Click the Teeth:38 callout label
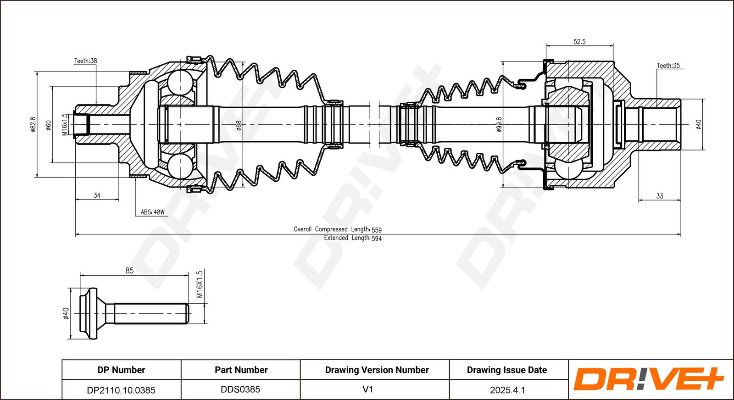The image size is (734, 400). coord(85,61)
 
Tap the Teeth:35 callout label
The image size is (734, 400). coord(668,66)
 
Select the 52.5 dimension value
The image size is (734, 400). coord(579,42)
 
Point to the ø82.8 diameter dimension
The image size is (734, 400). coord(33,124)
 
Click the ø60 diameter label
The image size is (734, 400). coord(48,125)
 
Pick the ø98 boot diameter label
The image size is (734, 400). coord(239,126)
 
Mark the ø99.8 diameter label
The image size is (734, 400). coord(499,124)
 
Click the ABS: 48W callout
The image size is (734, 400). coord(153,212)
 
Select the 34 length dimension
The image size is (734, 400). coord(97,195)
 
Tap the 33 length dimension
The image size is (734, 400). coord(660,196)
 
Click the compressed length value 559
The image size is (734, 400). coord(377,230)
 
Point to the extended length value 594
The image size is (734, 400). coord(377,239)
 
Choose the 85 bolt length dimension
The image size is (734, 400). coord(129,271)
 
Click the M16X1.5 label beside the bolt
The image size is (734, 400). coord(200,284)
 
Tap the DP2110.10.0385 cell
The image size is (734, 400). coord(121,390)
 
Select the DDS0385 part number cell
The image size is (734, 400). coord(240,389)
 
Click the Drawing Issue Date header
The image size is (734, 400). coord(507,370)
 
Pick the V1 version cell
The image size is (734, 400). coord(367,389)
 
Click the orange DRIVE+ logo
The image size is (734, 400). coord(649,379)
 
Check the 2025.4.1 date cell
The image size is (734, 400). coord(507,390)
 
